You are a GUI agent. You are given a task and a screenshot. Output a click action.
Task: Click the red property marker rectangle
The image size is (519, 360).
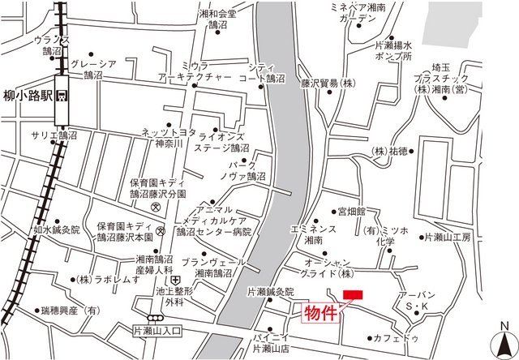354,294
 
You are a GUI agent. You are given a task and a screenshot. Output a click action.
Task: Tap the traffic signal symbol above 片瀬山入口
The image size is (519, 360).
154,318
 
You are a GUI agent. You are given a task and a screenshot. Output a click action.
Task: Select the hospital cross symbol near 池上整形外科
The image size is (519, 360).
175,280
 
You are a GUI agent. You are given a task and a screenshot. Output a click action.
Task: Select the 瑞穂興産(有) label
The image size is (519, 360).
68,310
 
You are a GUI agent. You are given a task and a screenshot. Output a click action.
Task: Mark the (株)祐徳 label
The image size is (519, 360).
389,151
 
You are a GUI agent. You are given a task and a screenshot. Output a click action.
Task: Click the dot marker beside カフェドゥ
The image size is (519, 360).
370,338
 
